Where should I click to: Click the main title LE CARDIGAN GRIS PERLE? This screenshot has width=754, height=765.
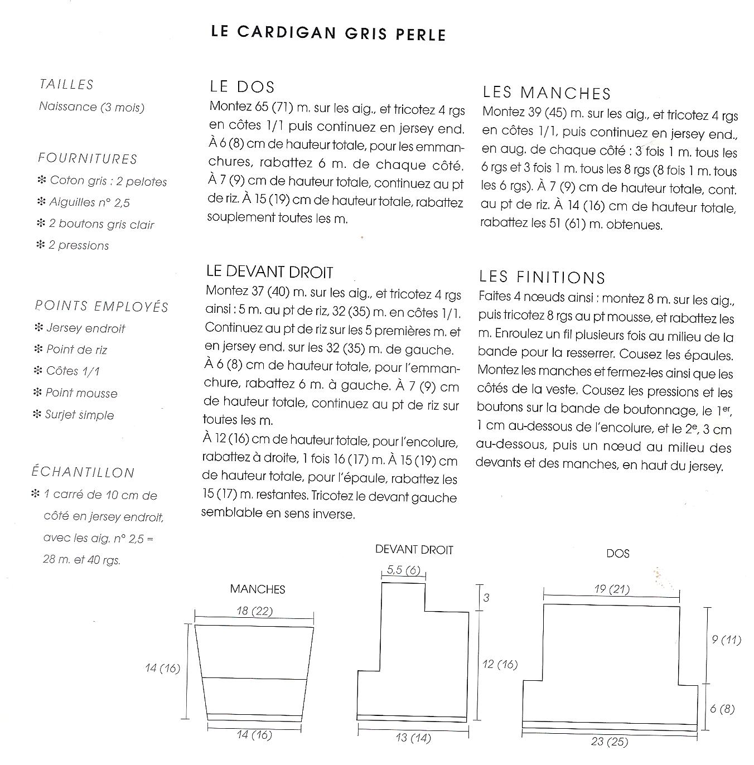tap(328, 32)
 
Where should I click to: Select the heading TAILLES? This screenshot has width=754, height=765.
tap(66, 85)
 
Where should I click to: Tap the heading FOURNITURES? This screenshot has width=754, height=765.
tap(88, 159)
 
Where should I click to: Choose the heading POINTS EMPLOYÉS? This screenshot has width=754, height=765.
tap(101, 307)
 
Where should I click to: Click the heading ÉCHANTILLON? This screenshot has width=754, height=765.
tap(83, 473)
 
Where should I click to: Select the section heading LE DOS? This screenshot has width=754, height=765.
tap(242, 87)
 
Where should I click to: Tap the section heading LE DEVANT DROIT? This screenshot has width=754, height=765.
tap(269, 272)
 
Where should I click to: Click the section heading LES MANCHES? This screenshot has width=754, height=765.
tap(547, 93)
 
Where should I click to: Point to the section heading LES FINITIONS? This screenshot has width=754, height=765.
tap(542, 277)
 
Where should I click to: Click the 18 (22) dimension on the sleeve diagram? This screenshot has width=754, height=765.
tap(254, 611)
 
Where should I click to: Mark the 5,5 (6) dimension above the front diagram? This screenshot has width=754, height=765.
tap(403, 570)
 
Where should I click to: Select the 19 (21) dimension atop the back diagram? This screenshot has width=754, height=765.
tap(612, 589)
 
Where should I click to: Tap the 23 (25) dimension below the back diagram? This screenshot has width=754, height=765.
tap(610, 742)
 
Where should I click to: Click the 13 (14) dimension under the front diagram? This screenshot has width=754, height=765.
tap(413, 738)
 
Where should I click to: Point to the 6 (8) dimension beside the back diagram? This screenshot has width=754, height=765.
tap(722, 709)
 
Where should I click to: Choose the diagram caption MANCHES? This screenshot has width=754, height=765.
tap(258, 589)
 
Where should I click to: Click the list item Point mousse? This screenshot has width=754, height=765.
tap(81, 393)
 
